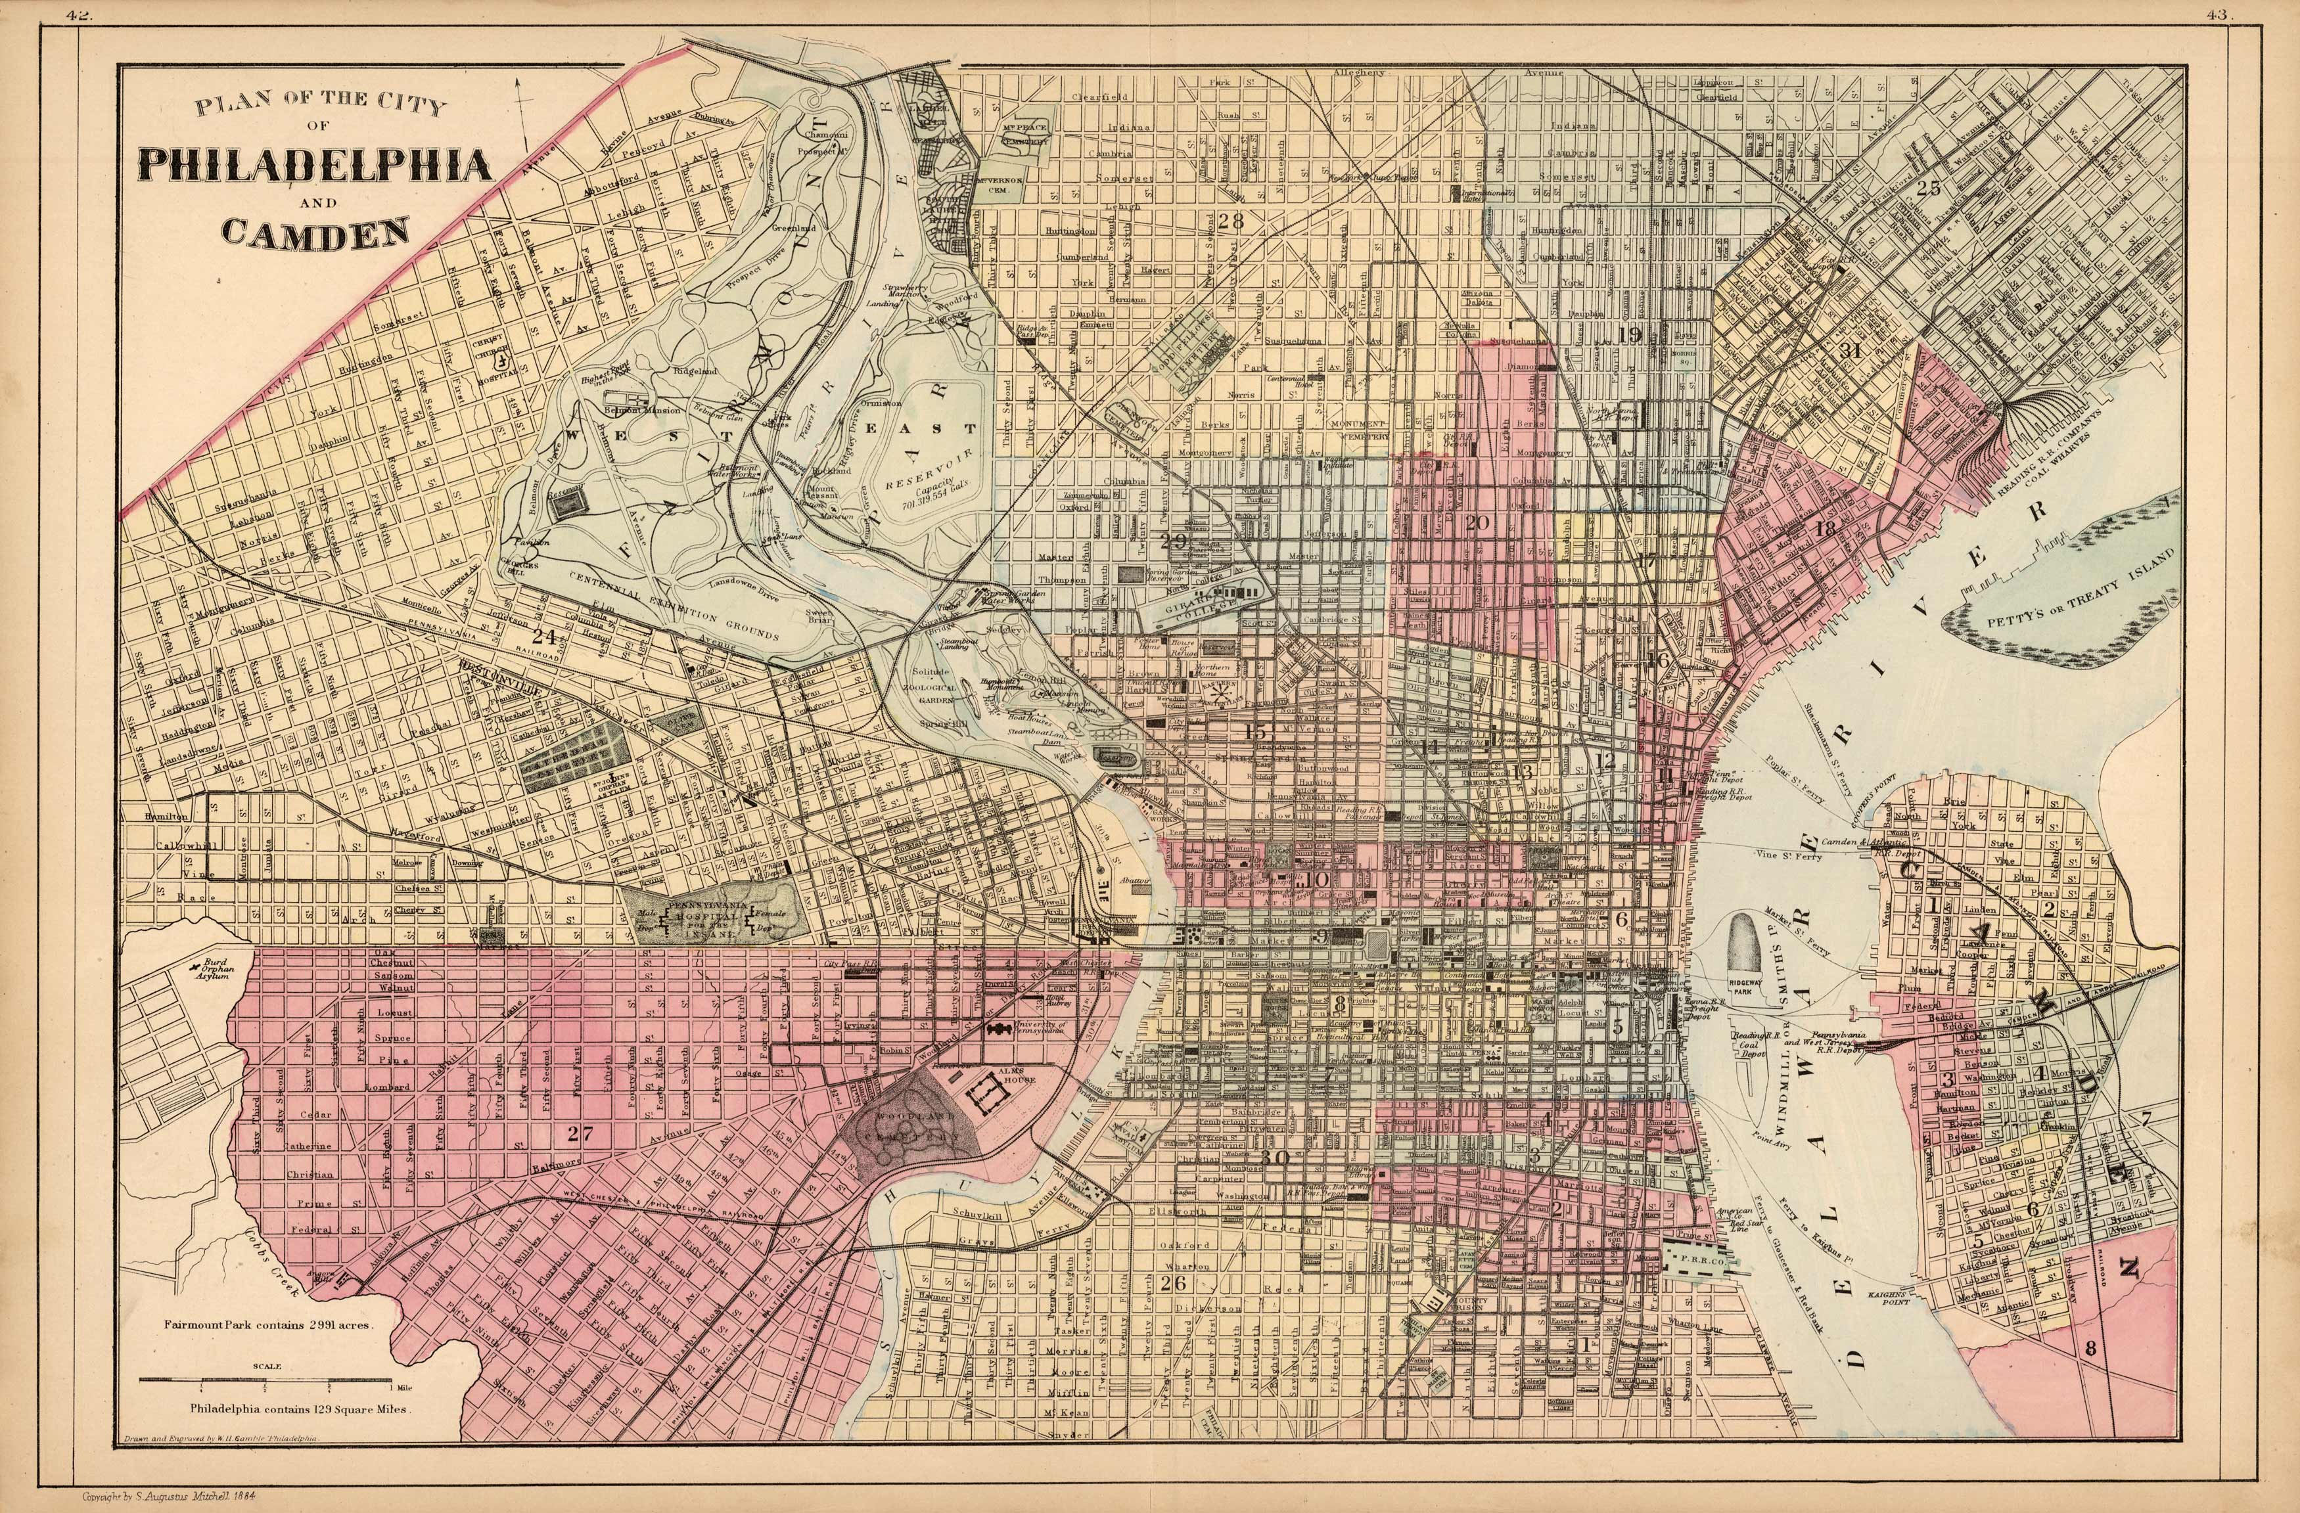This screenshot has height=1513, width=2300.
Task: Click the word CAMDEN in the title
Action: tap(314, 232)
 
